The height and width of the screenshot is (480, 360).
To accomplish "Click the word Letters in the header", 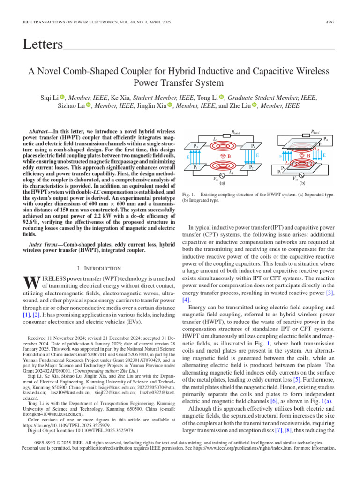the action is pos(43,45).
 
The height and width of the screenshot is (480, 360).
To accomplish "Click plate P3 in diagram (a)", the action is pos(196,146).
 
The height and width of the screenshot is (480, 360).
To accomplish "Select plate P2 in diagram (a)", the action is pos(252,167).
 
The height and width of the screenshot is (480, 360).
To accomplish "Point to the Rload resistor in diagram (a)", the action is pos(236,136).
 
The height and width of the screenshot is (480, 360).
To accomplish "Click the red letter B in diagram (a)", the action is pos(229,155).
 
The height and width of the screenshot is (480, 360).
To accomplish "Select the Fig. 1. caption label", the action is pos(187,194).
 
